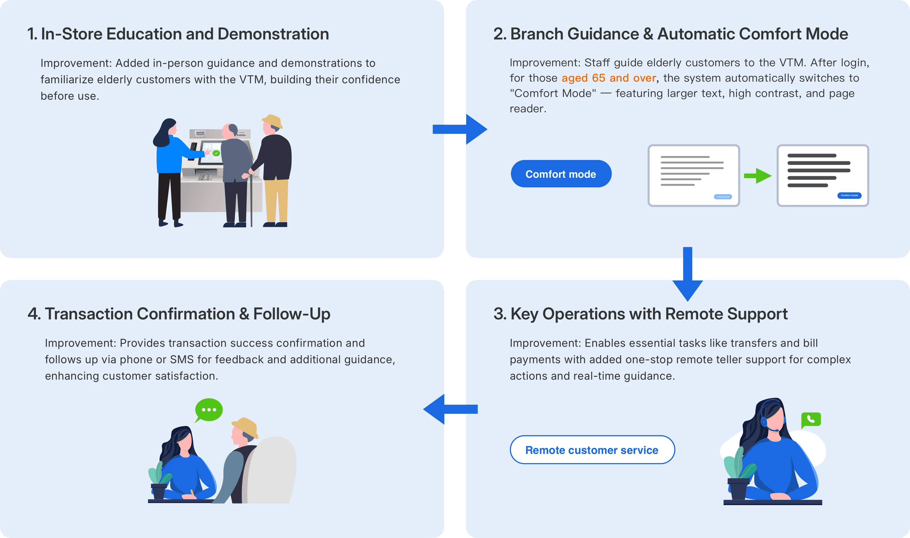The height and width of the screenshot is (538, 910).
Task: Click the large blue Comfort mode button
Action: click(561, 174)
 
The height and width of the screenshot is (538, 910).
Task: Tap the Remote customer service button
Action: click(592, 450)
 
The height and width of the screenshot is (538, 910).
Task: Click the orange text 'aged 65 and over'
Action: click(608, 78)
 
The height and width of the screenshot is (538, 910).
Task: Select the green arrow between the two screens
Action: click(758, 176)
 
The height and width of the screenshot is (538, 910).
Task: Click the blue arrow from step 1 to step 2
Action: click(460, 129)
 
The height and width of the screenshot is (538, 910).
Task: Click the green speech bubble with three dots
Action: click(209, 410)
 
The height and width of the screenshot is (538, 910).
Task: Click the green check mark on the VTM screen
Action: click(216, 153)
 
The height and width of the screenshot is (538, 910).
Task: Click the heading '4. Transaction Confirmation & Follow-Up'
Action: click(179, 314)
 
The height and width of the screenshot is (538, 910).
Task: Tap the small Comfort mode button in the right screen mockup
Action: click(849, 195)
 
